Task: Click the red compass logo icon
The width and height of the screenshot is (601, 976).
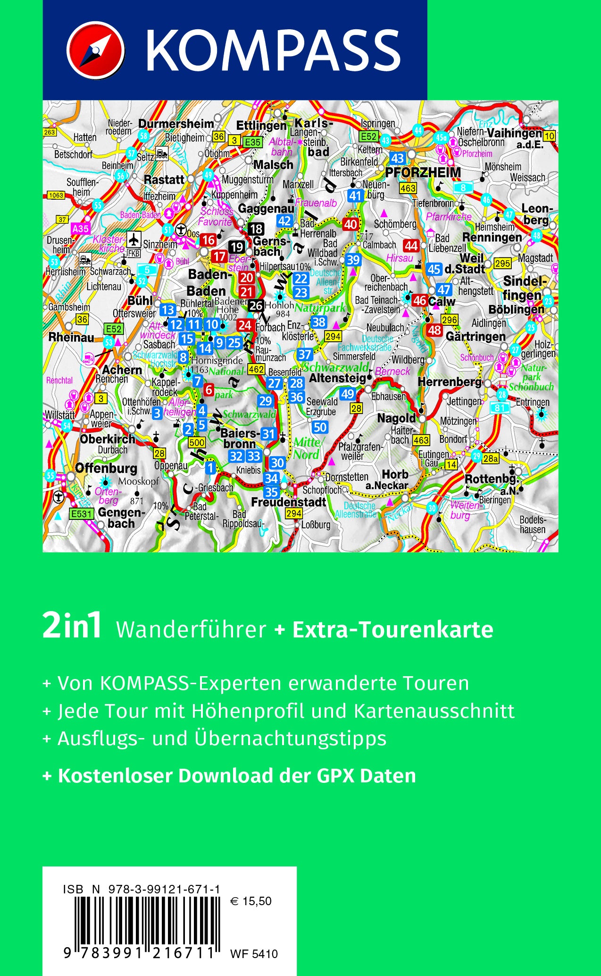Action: point(96,50)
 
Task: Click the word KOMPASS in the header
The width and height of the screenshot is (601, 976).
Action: point(273,50)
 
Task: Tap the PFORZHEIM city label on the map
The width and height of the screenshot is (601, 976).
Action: point(423,173)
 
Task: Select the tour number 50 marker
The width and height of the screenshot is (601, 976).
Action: point(320,427)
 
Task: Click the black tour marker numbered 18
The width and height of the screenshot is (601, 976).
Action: point(256,229)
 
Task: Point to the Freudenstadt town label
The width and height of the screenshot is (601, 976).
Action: point(288,502)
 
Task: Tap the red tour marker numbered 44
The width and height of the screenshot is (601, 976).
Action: point(411,246)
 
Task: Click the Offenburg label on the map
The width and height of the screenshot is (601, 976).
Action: point(106,468)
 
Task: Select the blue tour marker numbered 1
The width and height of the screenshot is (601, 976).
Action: point(210,468)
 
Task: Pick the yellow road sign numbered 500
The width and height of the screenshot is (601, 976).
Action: point(196,442)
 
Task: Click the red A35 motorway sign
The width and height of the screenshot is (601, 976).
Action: point(80,229)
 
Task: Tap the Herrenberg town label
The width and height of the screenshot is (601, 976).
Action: point(450,382)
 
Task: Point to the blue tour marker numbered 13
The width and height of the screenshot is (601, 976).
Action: point(168,310)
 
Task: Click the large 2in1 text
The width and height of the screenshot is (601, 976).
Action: point(72,627)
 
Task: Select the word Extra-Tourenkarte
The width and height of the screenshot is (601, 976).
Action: point(392,630)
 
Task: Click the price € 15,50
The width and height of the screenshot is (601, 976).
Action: point(251,901)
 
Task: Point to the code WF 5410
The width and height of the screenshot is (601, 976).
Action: point(254,954)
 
